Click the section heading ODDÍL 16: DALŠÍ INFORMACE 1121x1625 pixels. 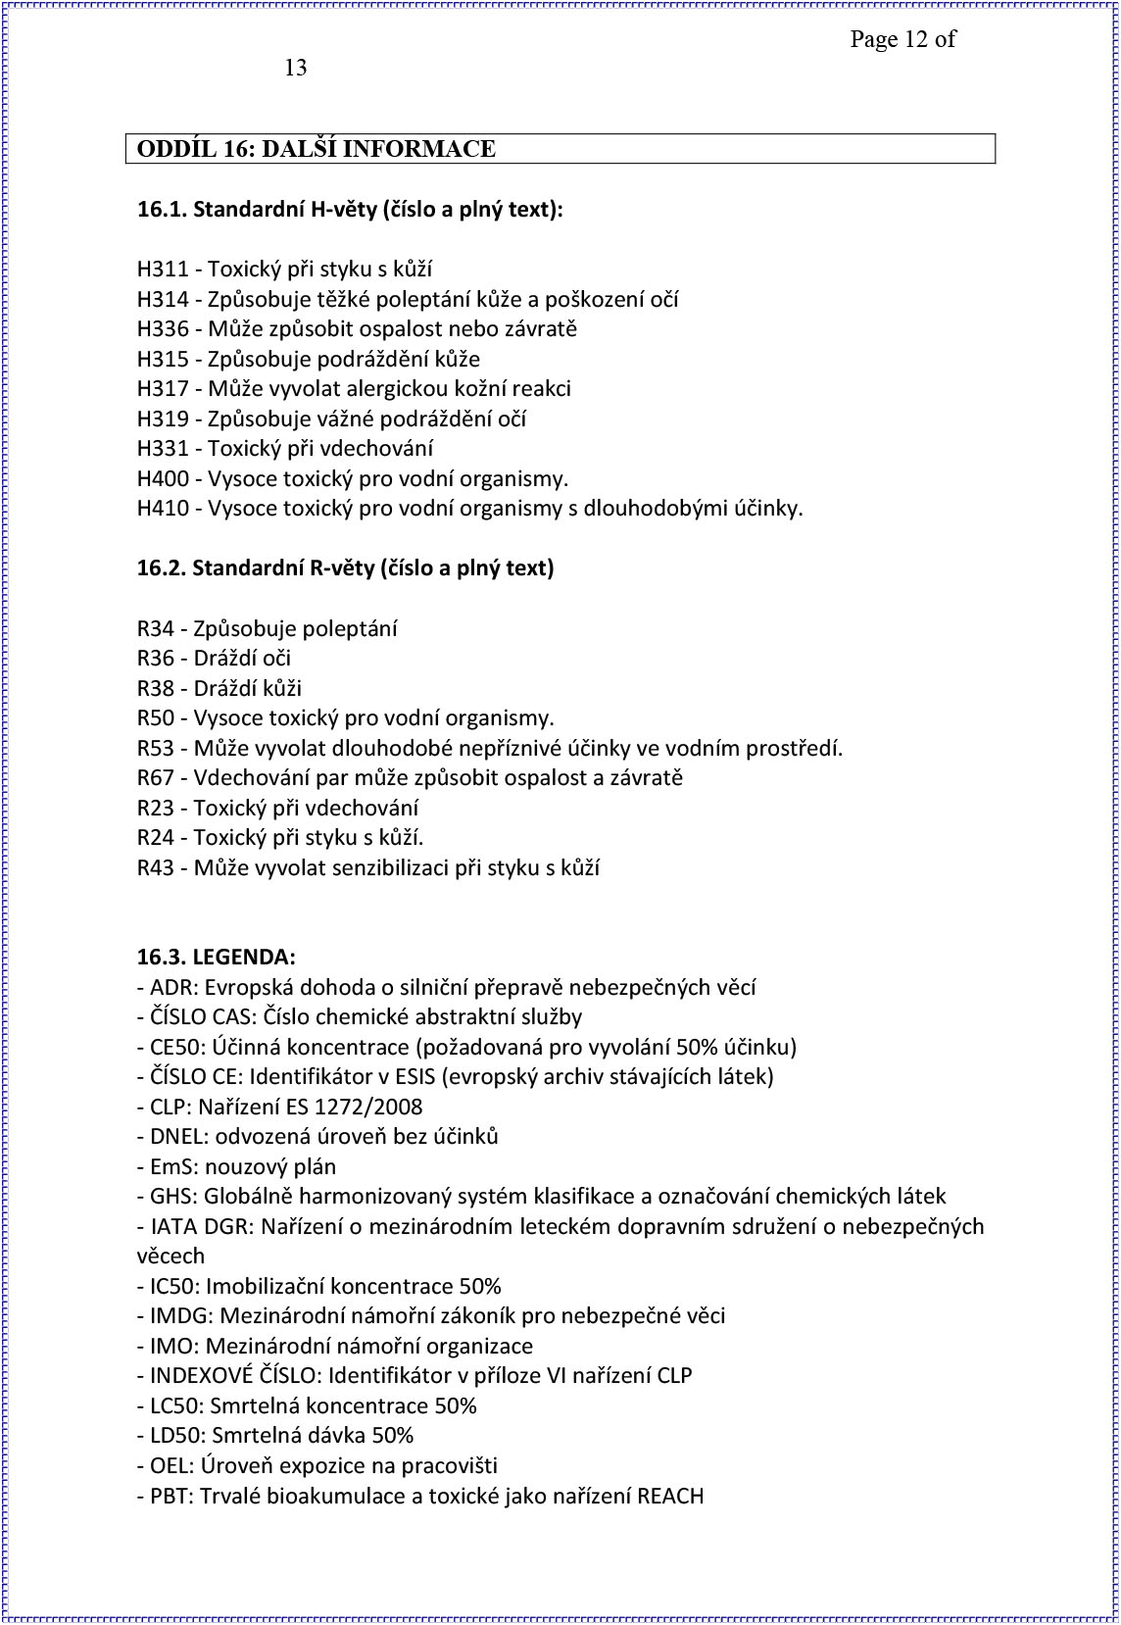tap(316, 149)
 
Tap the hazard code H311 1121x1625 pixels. tap(162, 270)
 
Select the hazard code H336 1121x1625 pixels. tap(162, 329)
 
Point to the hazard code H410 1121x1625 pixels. tap(162, 509)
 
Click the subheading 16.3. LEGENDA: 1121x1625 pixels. tap(216, 957)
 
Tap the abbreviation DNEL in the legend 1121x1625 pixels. tap(176, 1137)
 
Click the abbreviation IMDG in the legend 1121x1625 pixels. tap(178, 1316)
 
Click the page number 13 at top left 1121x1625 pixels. tap(295, 68)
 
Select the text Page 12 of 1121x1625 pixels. tap(902, 39)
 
